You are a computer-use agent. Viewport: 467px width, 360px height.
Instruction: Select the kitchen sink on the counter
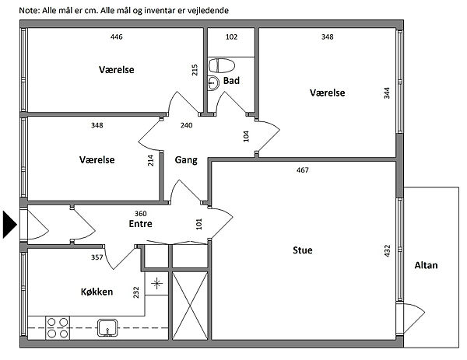(x=107, y=327)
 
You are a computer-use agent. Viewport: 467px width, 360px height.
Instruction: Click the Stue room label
(x=303, y=250)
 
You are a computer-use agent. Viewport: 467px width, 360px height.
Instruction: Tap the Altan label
(x=427, y=265)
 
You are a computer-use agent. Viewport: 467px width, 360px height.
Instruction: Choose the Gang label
(x=185, y=160)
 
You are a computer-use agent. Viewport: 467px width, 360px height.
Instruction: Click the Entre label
(x=140, y=224)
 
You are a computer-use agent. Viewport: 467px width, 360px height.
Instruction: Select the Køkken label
(x=97, y=292)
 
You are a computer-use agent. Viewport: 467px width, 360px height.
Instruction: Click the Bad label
(x=230, y=80)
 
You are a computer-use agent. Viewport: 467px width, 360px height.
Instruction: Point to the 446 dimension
(x=117, y=37)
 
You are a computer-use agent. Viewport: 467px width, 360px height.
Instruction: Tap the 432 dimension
(x=387, y=251)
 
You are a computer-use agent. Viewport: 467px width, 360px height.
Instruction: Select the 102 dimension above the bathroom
(x=231, y=37)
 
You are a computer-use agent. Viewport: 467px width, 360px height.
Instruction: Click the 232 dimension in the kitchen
(x=137, y=292)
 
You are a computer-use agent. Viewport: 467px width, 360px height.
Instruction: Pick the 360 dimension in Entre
(x=141, y=213)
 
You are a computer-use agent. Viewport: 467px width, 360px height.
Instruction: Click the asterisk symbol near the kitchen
(x=156, y=283)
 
